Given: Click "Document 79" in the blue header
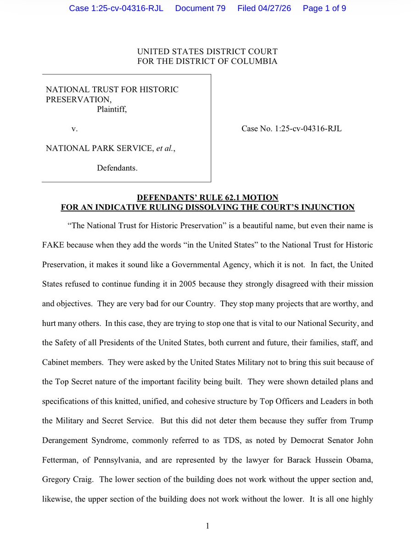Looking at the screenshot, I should (200, 9).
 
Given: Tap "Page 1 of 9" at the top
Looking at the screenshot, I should (325, 9).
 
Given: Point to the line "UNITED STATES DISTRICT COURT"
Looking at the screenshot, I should (207, 52).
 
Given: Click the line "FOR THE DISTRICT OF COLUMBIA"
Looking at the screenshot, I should (207, 61).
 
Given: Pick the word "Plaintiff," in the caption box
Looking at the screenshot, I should (112, 109).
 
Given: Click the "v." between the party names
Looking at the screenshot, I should (74, 129).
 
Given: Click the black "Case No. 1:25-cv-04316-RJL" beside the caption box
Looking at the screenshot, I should (291, 129).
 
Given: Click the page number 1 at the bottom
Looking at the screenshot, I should (207, 527).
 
